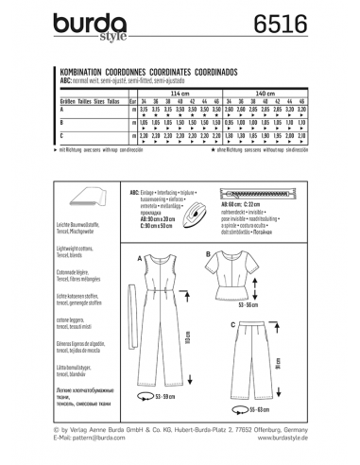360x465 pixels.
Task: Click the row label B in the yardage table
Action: pos(62,124)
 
